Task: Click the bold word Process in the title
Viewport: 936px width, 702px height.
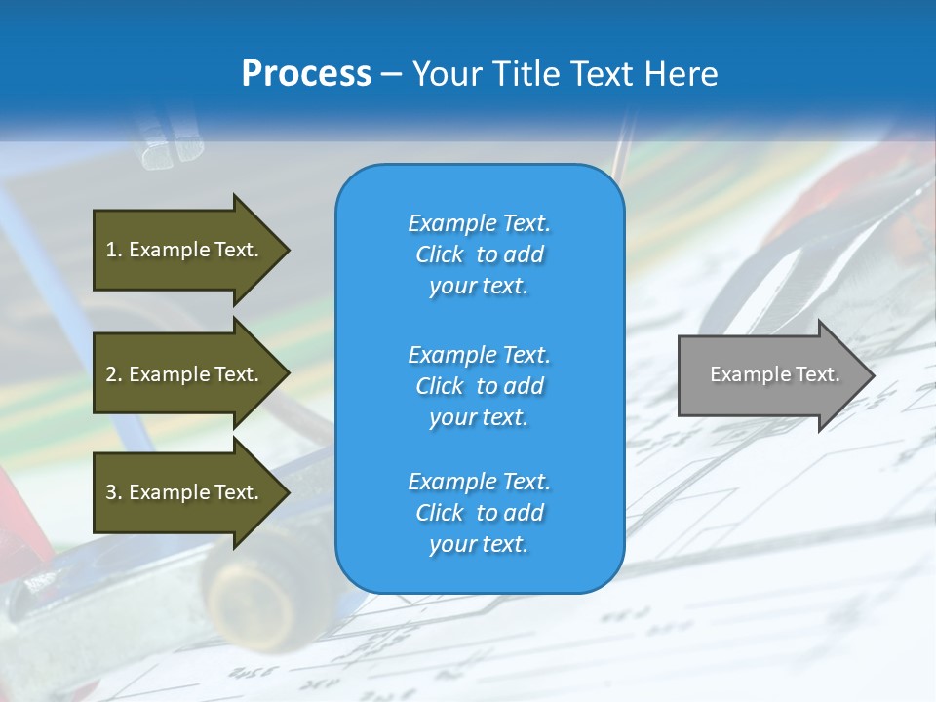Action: tap(306, 74)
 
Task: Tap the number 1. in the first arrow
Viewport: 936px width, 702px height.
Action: tap(114, 250)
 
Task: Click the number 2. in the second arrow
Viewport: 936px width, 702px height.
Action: tap(114, 374)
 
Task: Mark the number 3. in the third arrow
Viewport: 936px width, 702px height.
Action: tap(114, 492)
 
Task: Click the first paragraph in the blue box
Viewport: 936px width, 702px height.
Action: tap(479, 254)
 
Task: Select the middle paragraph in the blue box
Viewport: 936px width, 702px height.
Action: tap(479, 386)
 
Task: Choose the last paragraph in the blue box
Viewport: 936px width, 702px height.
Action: tap(479, 513)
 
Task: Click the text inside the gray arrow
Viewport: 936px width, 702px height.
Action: tap(774, 374)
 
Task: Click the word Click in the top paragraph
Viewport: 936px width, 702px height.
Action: tap(439, 254)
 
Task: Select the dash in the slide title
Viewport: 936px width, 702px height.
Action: tap(391, 74)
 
